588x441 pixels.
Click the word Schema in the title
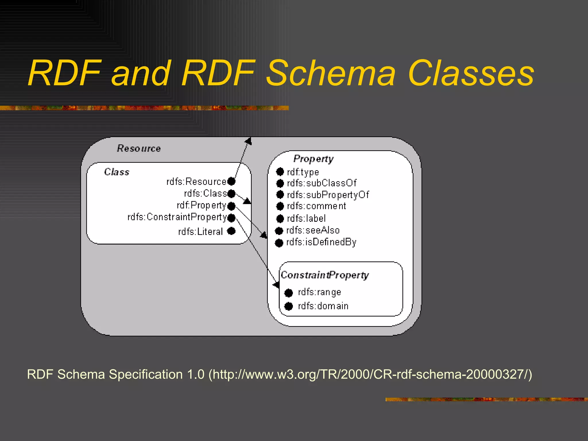point(330,73)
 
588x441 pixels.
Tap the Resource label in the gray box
point(139,148)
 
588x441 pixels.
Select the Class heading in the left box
point(117,172)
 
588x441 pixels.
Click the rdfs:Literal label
point(200,231)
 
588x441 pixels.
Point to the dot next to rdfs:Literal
point(231,231)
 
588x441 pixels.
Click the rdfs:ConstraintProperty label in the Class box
point(177,217)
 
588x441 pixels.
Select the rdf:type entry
point(303,172)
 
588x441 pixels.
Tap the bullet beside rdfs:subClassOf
point(280,183)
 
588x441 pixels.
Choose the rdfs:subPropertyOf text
point(328,195)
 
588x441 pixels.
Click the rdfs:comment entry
point(316,206)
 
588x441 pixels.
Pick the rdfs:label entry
point(306,218)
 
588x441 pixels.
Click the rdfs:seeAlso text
point(313,230)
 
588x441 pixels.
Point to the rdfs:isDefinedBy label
point(321,242)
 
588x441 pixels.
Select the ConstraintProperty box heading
point(325,275)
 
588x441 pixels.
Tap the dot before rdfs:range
point(289,293)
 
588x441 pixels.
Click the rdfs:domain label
point(323,306)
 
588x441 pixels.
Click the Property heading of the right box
point(313,159)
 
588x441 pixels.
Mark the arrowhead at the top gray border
point(249,141)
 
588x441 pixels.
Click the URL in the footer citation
point(370,374)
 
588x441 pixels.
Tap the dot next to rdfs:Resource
point(231,181)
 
